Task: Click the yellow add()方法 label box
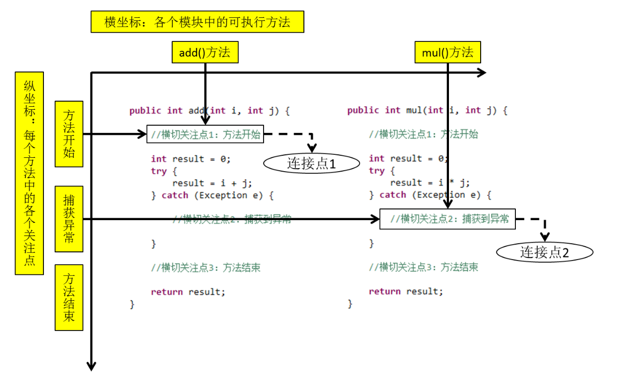click(x=205, y=53)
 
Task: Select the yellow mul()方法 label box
click(x=448, y=53)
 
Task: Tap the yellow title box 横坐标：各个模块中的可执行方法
click(x=197, y=22)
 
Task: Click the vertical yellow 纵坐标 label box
click(x=30, y=173)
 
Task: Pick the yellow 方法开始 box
click(x=69, y=134)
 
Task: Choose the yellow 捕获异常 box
click(x=69, y=219)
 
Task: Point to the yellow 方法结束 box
click(x=69, y=297)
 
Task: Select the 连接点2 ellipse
click(x=544, y=252)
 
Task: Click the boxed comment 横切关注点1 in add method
click(x=205, y=135)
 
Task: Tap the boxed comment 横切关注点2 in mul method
click(x=447, y=219)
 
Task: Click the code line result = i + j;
click(x=212, y=183)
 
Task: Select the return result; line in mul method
click(x=406, y=292)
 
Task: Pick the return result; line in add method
click(x=188, y=292)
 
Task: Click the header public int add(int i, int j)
click(x=209, y=110)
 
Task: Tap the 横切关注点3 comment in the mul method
click(x=423, y=267)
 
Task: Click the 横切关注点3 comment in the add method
click(x=205, y=268)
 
